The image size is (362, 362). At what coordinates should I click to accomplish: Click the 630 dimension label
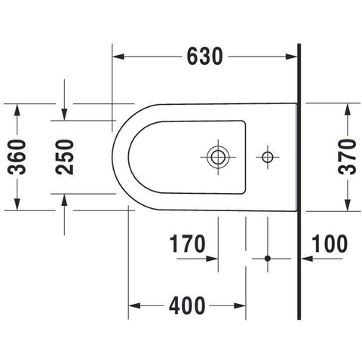click(x=205, y=57)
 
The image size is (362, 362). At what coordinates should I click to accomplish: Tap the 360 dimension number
click(x=17, y=157)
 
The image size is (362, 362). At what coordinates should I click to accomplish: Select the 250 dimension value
click(x=65, y=157)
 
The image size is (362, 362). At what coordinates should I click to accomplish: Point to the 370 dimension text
click(x=347, y=157)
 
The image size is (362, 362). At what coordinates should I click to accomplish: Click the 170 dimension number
click(x=187, y=244)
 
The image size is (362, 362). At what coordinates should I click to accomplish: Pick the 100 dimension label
click(x=330, y=244)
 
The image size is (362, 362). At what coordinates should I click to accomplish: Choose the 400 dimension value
click(x=187, y=305)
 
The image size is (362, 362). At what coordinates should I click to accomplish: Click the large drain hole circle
click(x=218, y=157)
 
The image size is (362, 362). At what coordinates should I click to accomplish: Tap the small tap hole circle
click(x=268, y=157)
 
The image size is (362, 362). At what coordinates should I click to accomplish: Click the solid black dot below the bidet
click(x=268, y=258)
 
